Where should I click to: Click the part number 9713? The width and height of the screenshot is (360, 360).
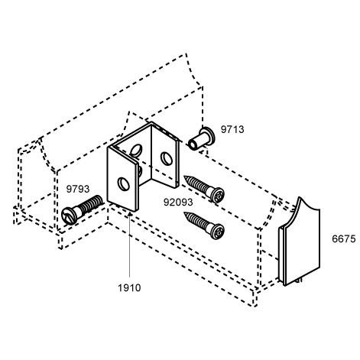coord(232,130)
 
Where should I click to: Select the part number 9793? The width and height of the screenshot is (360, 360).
coord(78,189)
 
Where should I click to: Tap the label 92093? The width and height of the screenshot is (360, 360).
coord(178,203)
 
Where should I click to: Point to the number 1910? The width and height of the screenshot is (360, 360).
coord(129,288)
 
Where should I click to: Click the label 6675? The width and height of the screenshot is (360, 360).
coord(344,239)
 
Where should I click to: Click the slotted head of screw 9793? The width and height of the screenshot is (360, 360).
coord(69,216)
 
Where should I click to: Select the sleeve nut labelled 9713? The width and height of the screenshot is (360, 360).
coord(201,140)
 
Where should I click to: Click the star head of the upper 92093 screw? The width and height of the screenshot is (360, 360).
coord(217,195)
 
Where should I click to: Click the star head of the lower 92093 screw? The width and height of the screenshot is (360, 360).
coord(217,231)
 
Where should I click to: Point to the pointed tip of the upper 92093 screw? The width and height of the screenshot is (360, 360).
coord(184,177)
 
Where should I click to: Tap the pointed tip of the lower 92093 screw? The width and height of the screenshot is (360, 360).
coord(185,213)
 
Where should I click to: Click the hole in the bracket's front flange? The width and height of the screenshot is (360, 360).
coord(123,183)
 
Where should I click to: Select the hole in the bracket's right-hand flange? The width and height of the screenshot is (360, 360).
coord(167,158)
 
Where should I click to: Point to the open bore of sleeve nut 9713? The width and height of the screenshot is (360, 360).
coord(192,145)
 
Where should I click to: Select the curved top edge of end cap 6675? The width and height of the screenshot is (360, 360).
coord(309,206)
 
